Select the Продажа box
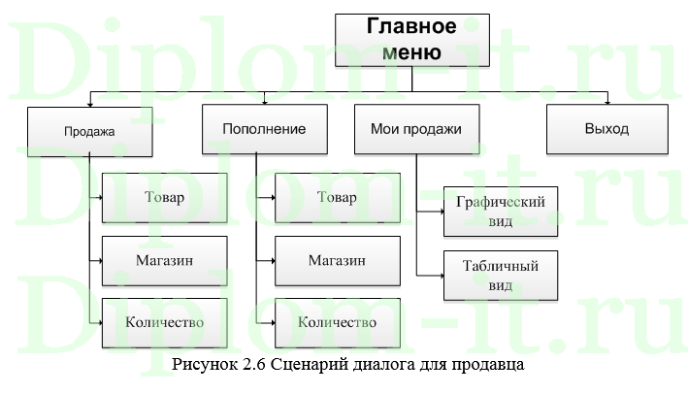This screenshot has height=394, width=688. point(89,131)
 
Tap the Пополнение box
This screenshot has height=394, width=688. point(264,129)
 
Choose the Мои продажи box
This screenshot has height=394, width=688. point(415,129)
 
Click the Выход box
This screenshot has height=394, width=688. point(606,129)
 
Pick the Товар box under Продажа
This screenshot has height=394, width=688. point(164,198)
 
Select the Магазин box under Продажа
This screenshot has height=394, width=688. point(164,260)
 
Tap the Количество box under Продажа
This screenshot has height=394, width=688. point(164,321)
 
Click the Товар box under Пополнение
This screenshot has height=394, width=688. point(337,198)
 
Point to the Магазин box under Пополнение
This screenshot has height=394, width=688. point(337,260)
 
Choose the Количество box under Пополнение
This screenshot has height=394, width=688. point(337,322)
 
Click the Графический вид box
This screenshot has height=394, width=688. point(501,212)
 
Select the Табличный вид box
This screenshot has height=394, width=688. point(501,275)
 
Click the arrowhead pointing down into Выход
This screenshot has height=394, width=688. point(607,100)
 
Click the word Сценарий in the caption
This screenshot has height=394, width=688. point(297,367)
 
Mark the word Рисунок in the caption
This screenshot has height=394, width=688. point(199,367)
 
